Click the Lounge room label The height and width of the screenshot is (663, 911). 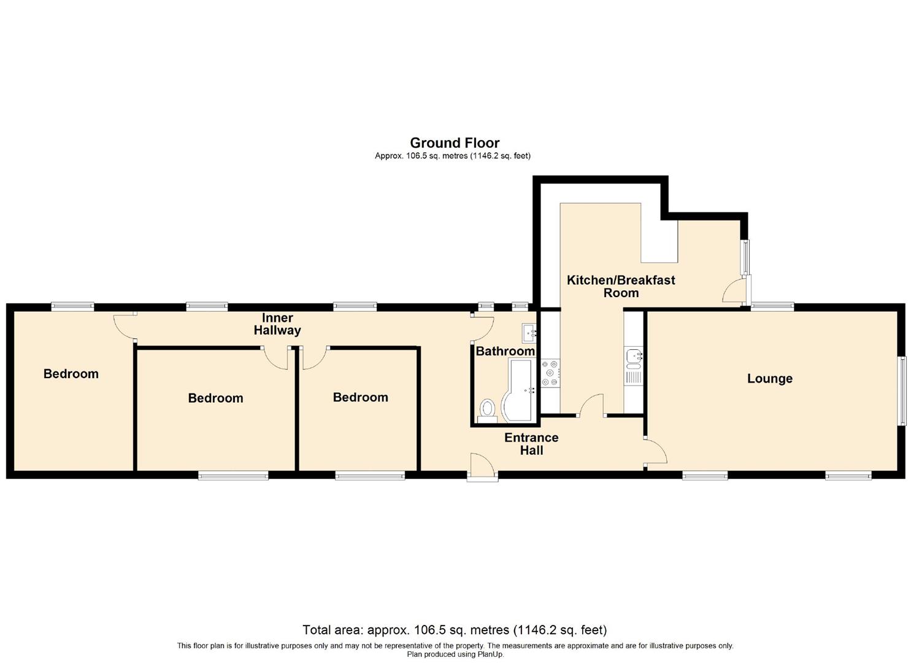[x=769, y=379]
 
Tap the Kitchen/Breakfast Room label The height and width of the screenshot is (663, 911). [x=621, y=286]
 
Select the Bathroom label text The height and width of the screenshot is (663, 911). [x=505, y=351]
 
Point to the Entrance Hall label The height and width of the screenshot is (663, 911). [x=531, y=444]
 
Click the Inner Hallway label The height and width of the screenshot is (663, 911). [x=277, y=324]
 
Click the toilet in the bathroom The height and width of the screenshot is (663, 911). [x=488, y=409]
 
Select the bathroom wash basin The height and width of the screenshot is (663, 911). [x=529, y=333]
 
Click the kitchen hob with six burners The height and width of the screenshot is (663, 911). [x=550, y=373]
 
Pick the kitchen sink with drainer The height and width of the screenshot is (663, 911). [x=633, y=366]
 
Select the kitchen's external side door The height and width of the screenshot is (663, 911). [x=734, y=290]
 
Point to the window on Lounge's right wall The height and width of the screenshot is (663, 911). [x=902, y=391]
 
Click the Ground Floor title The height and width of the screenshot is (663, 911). [x=455, y=143]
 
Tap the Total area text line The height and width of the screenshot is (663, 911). [x=455, y=630]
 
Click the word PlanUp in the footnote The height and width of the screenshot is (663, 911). [x=490, y=654]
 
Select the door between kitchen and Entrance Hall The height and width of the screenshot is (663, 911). [x=591, y=406]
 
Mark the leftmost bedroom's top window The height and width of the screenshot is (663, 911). [x=72, y=305]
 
